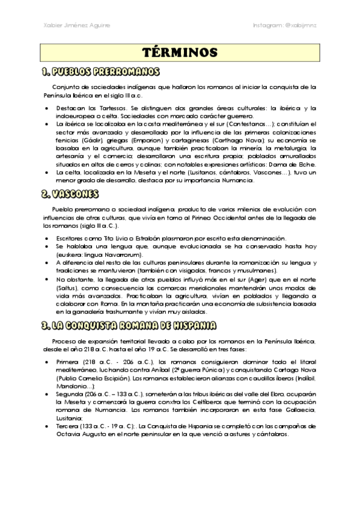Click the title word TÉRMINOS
tap(180, 52)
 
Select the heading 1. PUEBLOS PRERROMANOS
tap(100, 72)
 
